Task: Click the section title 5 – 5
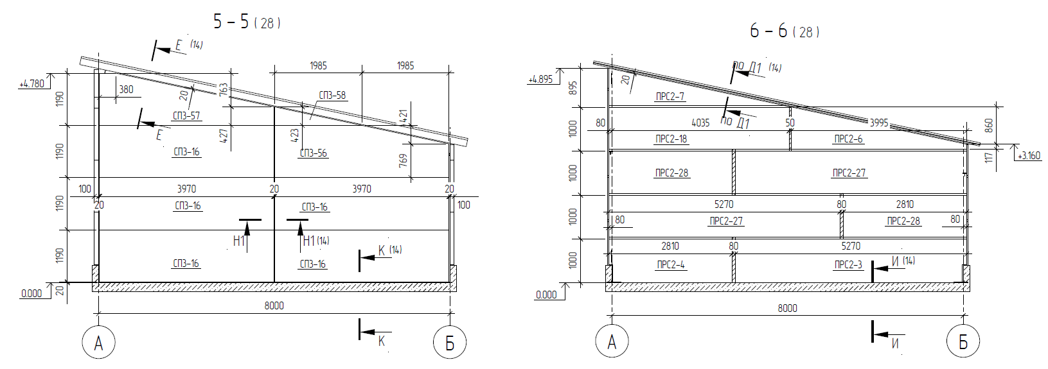[231, 21]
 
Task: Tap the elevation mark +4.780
[32, 84]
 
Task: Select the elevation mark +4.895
[540, 80]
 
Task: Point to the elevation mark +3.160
[1029, 155]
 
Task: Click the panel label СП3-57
[186, 116]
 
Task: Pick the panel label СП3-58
[332, 95]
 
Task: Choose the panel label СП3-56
[314, 153]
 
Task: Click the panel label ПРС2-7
[670, 97]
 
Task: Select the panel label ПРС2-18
[671, 139]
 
